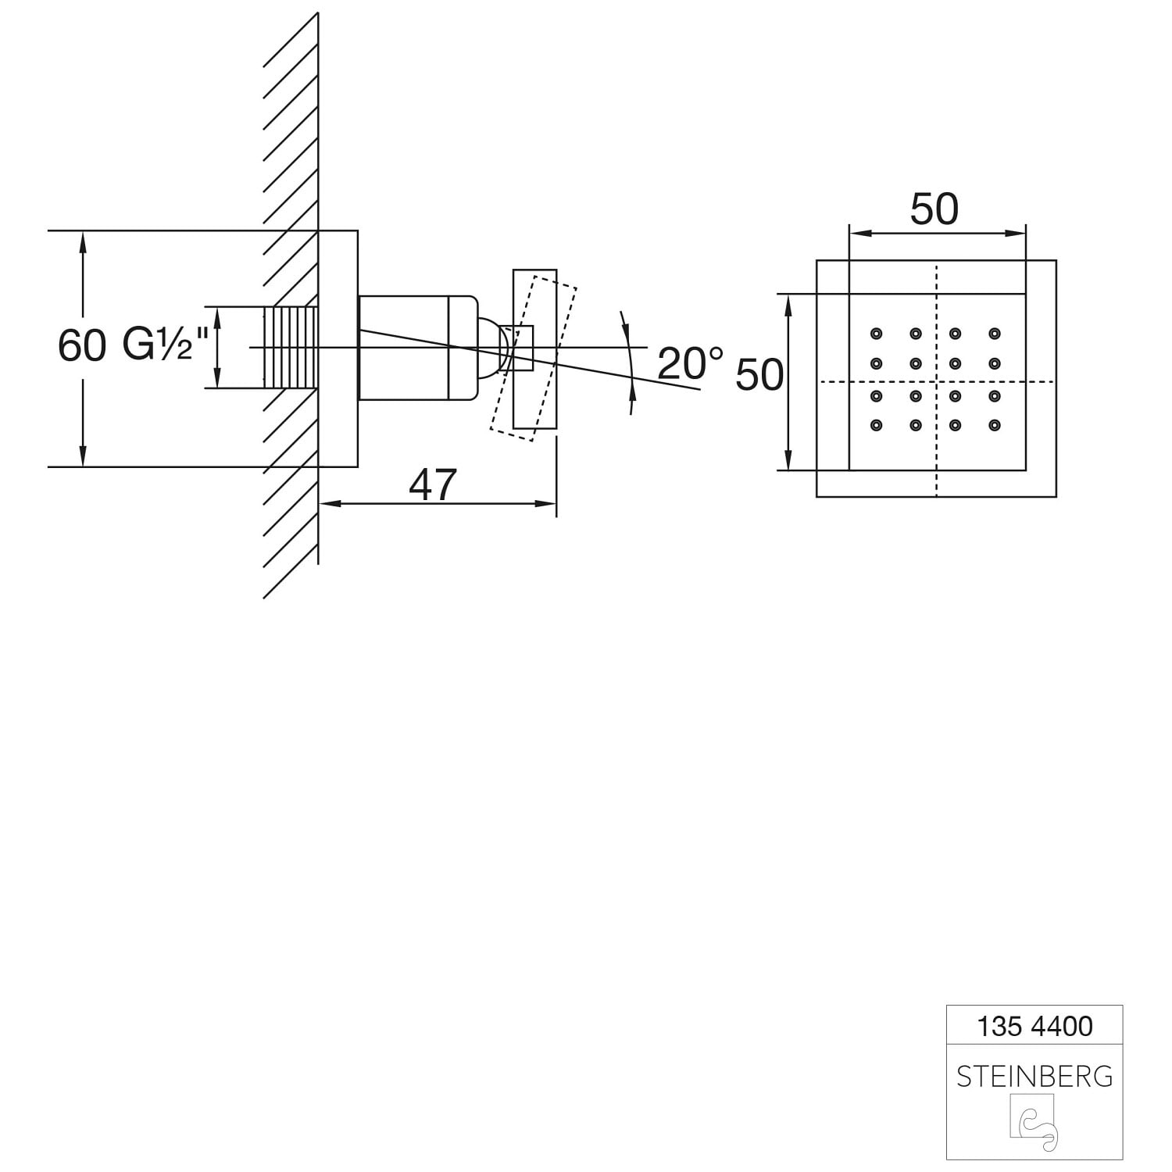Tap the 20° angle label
691,363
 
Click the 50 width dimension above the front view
934,209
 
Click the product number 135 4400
1034,1026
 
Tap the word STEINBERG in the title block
1034,1077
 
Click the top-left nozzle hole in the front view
876,334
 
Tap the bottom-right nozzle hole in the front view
995,425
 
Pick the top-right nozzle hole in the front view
995,334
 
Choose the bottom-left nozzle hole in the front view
876,425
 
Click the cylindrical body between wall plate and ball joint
417,348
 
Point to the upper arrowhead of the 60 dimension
82,241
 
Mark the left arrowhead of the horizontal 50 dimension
860,232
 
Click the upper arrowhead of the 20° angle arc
624,320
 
